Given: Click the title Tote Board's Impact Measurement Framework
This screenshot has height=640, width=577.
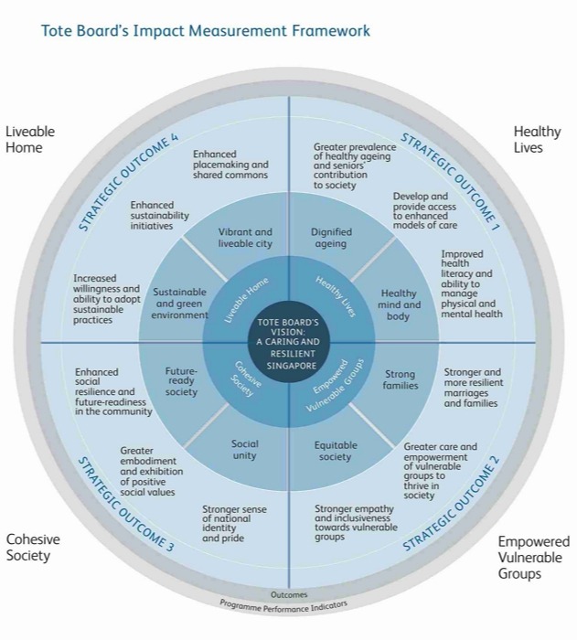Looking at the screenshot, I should point(206,31).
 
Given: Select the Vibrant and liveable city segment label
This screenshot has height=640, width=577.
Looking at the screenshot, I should point(245,238).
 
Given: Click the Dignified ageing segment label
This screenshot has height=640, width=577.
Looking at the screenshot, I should point(329,238).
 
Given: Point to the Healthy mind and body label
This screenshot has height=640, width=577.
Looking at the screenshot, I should point(399,305).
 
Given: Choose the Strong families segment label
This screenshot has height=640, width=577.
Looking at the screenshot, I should point(400,379).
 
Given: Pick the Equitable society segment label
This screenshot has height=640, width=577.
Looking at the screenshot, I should point(336,451).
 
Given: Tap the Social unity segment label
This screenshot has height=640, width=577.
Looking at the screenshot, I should point(244,450).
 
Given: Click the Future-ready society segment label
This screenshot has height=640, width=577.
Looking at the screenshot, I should point(181,381).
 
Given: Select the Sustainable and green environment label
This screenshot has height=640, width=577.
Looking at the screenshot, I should point(180,304).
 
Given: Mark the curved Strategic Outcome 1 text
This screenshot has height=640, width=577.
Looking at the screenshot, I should point(450,178).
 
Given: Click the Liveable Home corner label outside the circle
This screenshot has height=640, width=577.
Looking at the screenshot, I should point(30,139).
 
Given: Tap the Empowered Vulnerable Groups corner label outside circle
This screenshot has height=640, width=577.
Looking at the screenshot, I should point(533,558).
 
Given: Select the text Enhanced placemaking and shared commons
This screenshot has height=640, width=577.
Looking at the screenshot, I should point(230,165).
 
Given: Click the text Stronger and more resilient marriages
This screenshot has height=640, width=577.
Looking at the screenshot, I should point(472,388).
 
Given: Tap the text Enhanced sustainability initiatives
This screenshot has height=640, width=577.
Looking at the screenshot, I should point(159,216).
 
